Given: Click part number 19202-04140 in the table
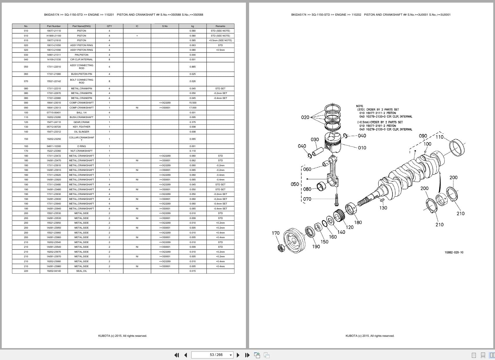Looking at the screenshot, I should [54, 271].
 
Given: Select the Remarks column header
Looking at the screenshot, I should [220, 26].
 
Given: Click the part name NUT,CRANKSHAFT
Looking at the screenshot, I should [81, 151].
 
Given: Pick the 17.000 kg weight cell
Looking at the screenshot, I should [193, 108].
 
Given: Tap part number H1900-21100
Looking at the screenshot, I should [54, 36].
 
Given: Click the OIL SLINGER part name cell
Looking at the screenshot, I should [81, 132].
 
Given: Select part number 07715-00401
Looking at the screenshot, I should [54, 113].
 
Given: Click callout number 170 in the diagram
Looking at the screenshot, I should [275, 233].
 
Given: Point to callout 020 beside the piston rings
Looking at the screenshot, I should [305, 117].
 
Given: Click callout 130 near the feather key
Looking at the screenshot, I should [383, 208].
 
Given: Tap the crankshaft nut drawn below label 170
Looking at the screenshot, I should [281, 248].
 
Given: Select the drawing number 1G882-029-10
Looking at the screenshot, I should [454, 252].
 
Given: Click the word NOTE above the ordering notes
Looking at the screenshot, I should [360, 106].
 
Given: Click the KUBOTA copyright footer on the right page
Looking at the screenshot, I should [370, 336].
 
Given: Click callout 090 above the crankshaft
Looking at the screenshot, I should [423, 136].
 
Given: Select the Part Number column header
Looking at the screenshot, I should [54, 26].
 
